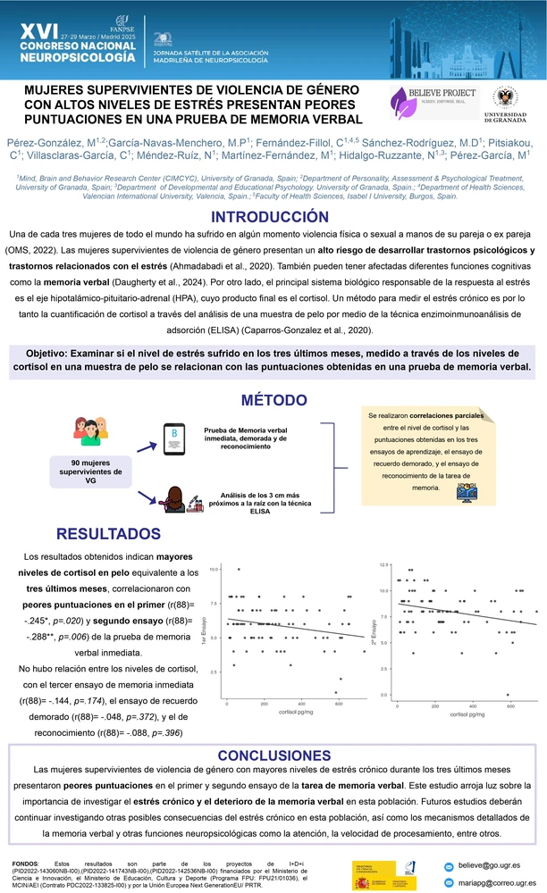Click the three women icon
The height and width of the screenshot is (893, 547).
point(89,428)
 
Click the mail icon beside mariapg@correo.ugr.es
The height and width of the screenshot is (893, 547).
point(450,882)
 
